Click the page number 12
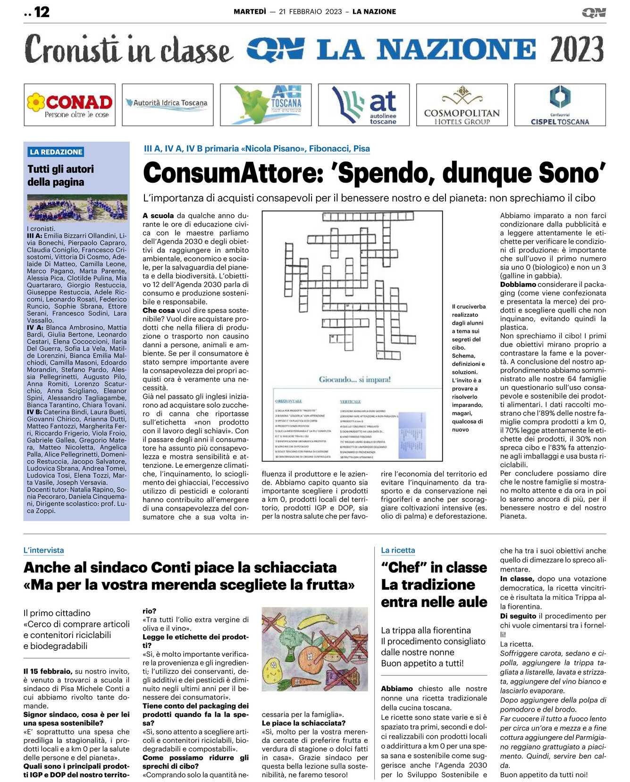(x=42, y=12)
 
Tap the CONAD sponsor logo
(x=70, y=105)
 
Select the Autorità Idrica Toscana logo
(x=168, y=104)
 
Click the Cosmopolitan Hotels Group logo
(x=462, y=105)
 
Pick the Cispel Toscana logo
(x=560, y=105)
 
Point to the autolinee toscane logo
(x=364, y=105)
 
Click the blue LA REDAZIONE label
(x=56, y=152)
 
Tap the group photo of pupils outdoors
(x=77, y=208)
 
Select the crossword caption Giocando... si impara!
(x=354, y=379)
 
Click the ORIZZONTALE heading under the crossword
(x=288, y=401)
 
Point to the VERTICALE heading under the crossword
(x=350, y=401)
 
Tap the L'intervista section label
(x=43, y=550)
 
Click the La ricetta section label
(x=398, y=550)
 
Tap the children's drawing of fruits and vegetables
(x=315, y=649)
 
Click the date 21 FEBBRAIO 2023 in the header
(x=310, y=12)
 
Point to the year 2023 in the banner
(x=577, y=50)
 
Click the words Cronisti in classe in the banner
(x=129, y=50)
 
